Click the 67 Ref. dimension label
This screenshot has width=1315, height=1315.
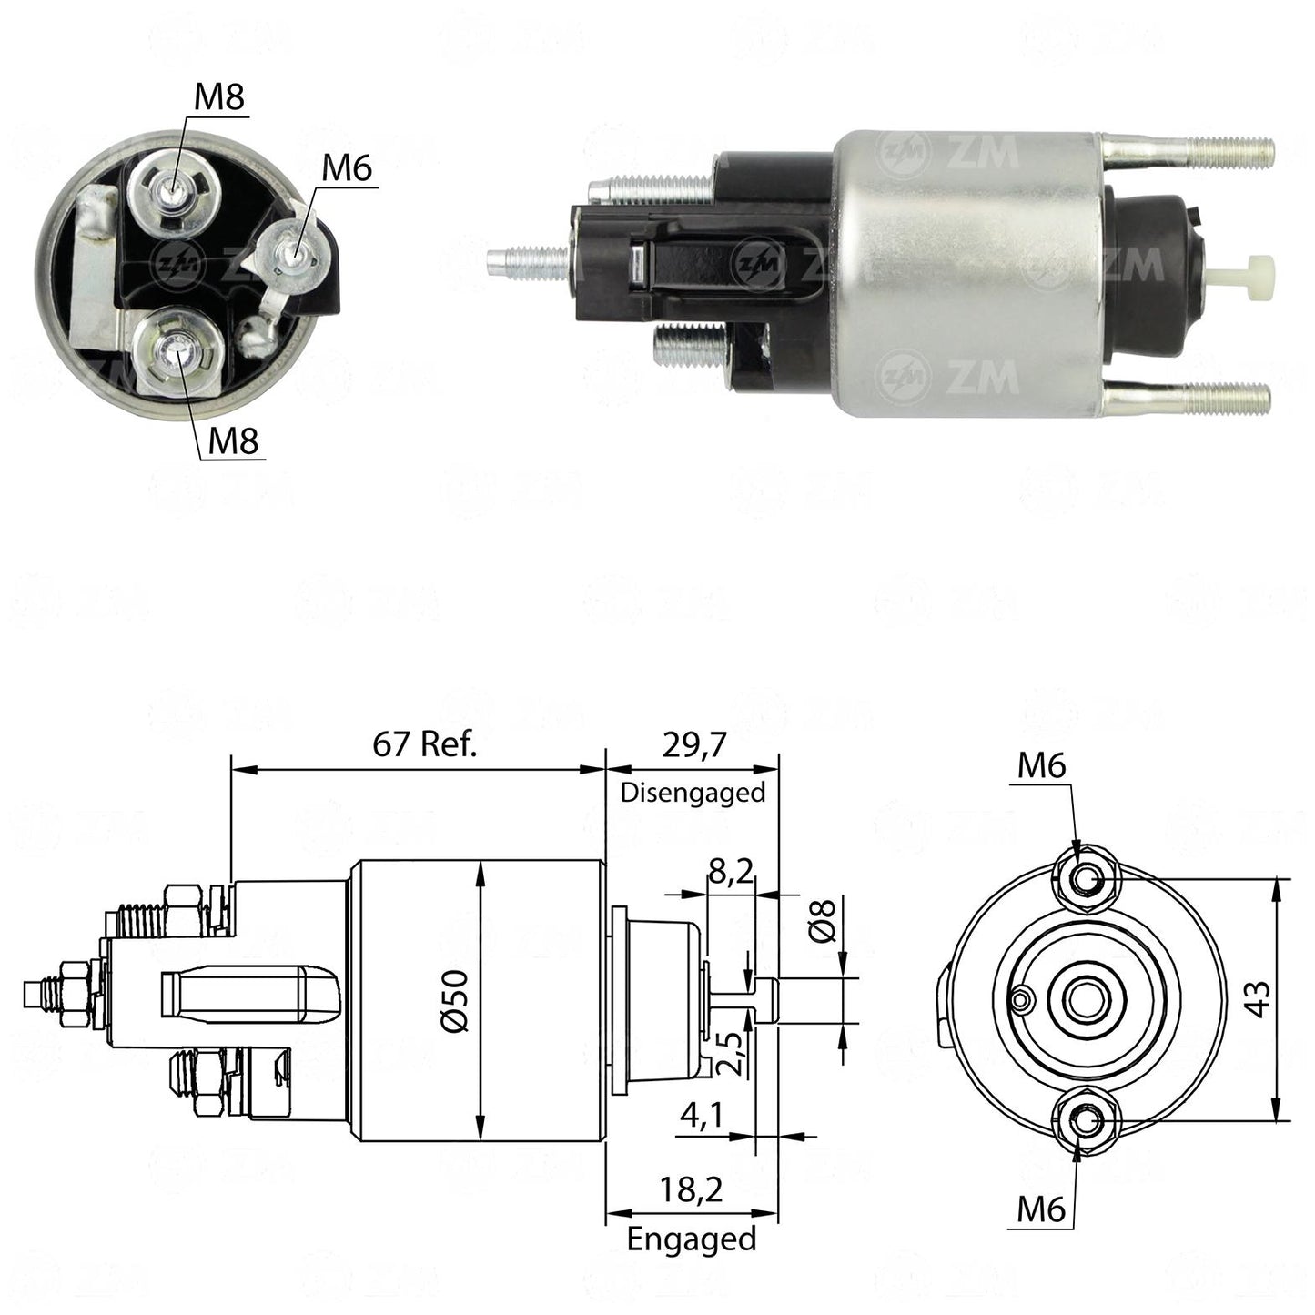[x=424, y=743]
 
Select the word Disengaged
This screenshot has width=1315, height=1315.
[x=693, y=793]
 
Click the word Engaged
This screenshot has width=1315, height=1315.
[x=692, y=1239]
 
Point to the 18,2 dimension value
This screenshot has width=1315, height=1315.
[x=691, y=1191]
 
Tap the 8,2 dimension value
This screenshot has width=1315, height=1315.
[x=730, y=872]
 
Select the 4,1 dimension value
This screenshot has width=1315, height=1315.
[x=702, y=1116]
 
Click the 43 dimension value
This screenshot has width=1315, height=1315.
[x=1258, y=999]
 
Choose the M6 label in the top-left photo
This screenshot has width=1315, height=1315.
[x=348, y=167]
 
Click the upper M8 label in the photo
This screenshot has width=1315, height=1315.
[x=219, y=96]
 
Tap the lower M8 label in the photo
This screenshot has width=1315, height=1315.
[x=233, y=440]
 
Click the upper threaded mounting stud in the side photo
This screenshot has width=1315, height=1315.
[x=1189, y=151]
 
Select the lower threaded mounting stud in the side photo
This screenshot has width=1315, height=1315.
[x=1187, y=397]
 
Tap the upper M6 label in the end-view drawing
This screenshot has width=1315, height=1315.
[x=1041, y=766]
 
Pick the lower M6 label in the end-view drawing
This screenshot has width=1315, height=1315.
[x=1041, y=1209]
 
